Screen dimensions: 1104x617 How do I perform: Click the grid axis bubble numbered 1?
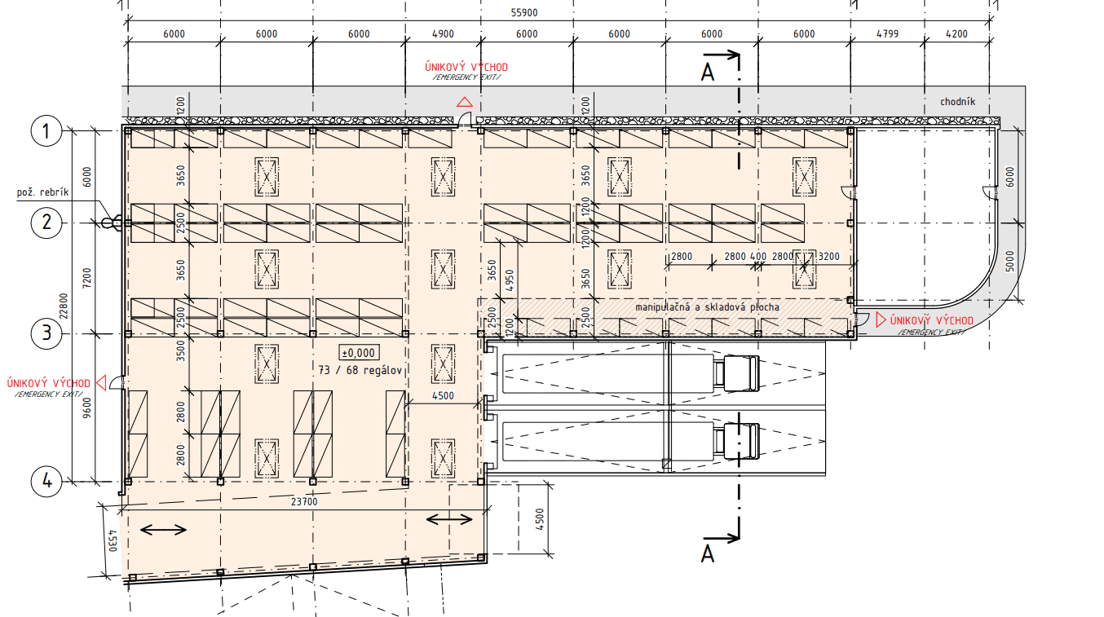(46, 131)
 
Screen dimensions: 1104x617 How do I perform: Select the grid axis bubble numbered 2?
(46, 223)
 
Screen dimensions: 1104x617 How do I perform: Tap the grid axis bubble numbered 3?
(46, 333)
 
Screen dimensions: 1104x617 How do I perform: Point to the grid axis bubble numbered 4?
(46, 481)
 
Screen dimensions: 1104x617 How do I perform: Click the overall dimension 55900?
(524, 13)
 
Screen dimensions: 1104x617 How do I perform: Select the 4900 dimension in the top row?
(443, 34)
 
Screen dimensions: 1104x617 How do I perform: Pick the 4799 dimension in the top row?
(887, 34)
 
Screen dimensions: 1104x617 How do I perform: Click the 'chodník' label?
(957, 102)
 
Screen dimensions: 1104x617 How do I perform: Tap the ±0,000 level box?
(359, 353)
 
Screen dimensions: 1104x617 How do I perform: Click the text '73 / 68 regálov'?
(360, 370)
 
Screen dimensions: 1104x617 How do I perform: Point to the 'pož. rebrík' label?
(43, 192)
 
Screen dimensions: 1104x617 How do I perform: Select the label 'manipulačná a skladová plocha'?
(707, 307)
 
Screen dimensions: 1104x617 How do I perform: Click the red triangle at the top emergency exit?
(464, 102)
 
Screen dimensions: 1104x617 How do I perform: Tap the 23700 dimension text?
(304, 502)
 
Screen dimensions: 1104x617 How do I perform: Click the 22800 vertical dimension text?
(64, 306)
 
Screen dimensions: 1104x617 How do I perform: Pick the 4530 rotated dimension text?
(113, 540)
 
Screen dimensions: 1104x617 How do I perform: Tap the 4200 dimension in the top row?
(956, 34)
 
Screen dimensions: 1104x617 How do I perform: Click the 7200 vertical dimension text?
(86, 278)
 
